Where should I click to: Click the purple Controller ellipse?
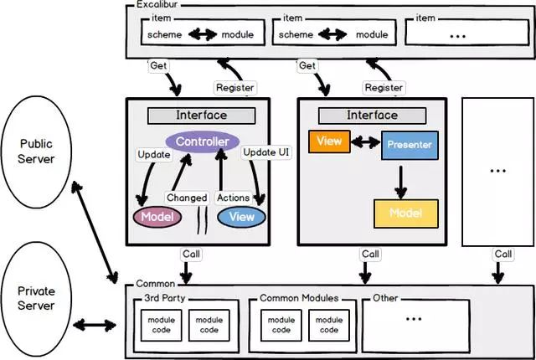202,141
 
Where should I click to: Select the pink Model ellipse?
157,216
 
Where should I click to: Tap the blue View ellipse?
241,216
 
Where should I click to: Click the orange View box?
329,141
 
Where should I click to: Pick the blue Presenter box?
409,145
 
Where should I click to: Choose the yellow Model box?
405,213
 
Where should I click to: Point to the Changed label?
186,198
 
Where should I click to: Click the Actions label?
233,198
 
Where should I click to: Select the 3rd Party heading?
160,298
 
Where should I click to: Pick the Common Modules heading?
299,298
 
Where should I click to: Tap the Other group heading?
386,298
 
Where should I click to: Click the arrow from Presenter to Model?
401,179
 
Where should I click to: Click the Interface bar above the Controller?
202,115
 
